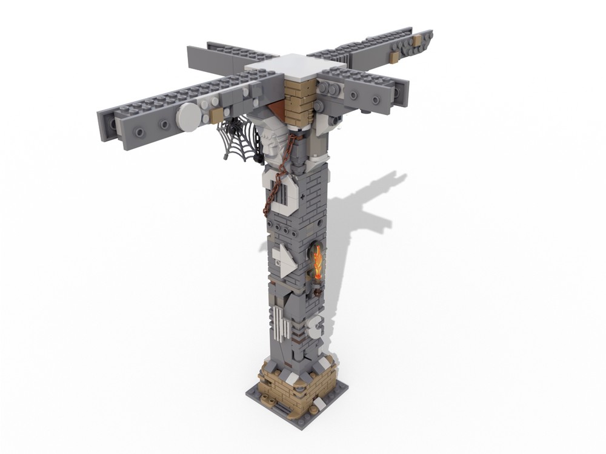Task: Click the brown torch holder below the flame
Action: [315, 282]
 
